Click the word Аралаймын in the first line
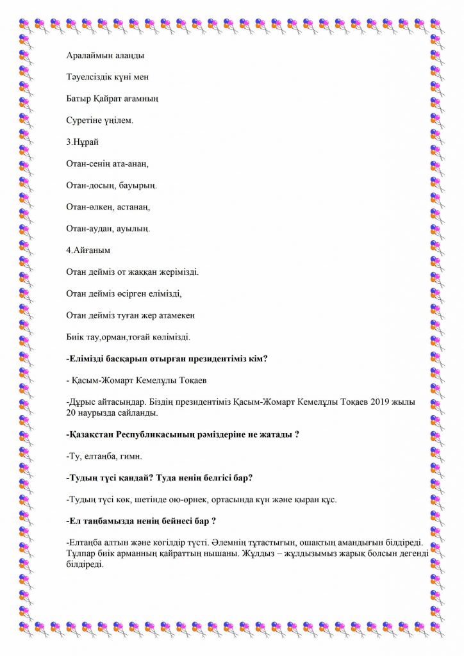tap(88, 56)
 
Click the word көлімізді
tap(168, 336)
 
